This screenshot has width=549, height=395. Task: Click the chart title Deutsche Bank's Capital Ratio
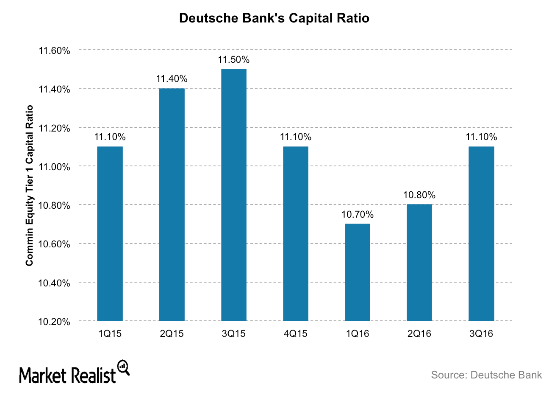tap(274, 18)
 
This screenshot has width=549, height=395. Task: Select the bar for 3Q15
tap(234, 195)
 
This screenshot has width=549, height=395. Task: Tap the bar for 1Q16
tap(358, 272)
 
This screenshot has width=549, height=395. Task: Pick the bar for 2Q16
tap(419, 263)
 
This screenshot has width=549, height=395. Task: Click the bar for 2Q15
tap(172, 205)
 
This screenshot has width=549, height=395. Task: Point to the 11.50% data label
tap(234, 60)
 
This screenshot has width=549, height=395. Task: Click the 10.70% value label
tap(358, 215)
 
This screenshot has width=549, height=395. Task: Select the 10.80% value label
tap(419, 195)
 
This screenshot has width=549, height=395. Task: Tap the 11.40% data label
tap(172, 79)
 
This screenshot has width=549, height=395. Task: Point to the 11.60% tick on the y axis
tap(54, 51)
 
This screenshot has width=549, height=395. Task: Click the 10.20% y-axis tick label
tap(54, 322)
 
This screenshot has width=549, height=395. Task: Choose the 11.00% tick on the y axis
tap(54, 167)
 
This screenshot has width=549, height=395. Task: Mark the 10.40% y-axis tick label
tap(54, 283)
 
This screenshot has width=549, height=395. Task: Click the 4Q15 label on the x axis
tap(296, 334)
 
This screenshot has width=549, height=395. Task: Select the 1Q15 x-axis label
tap(110, 334)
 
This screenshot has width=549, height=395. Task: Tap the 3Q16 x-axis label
tap(481, 334)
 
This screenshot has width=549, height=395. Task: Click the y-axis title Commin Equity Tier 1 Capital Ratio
tap(29, 185)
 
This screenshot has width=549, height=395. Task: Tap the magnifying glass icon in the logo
tap(123, 367)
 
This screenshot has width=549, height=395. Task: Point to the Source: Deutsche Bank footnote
tap(486, 375)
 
